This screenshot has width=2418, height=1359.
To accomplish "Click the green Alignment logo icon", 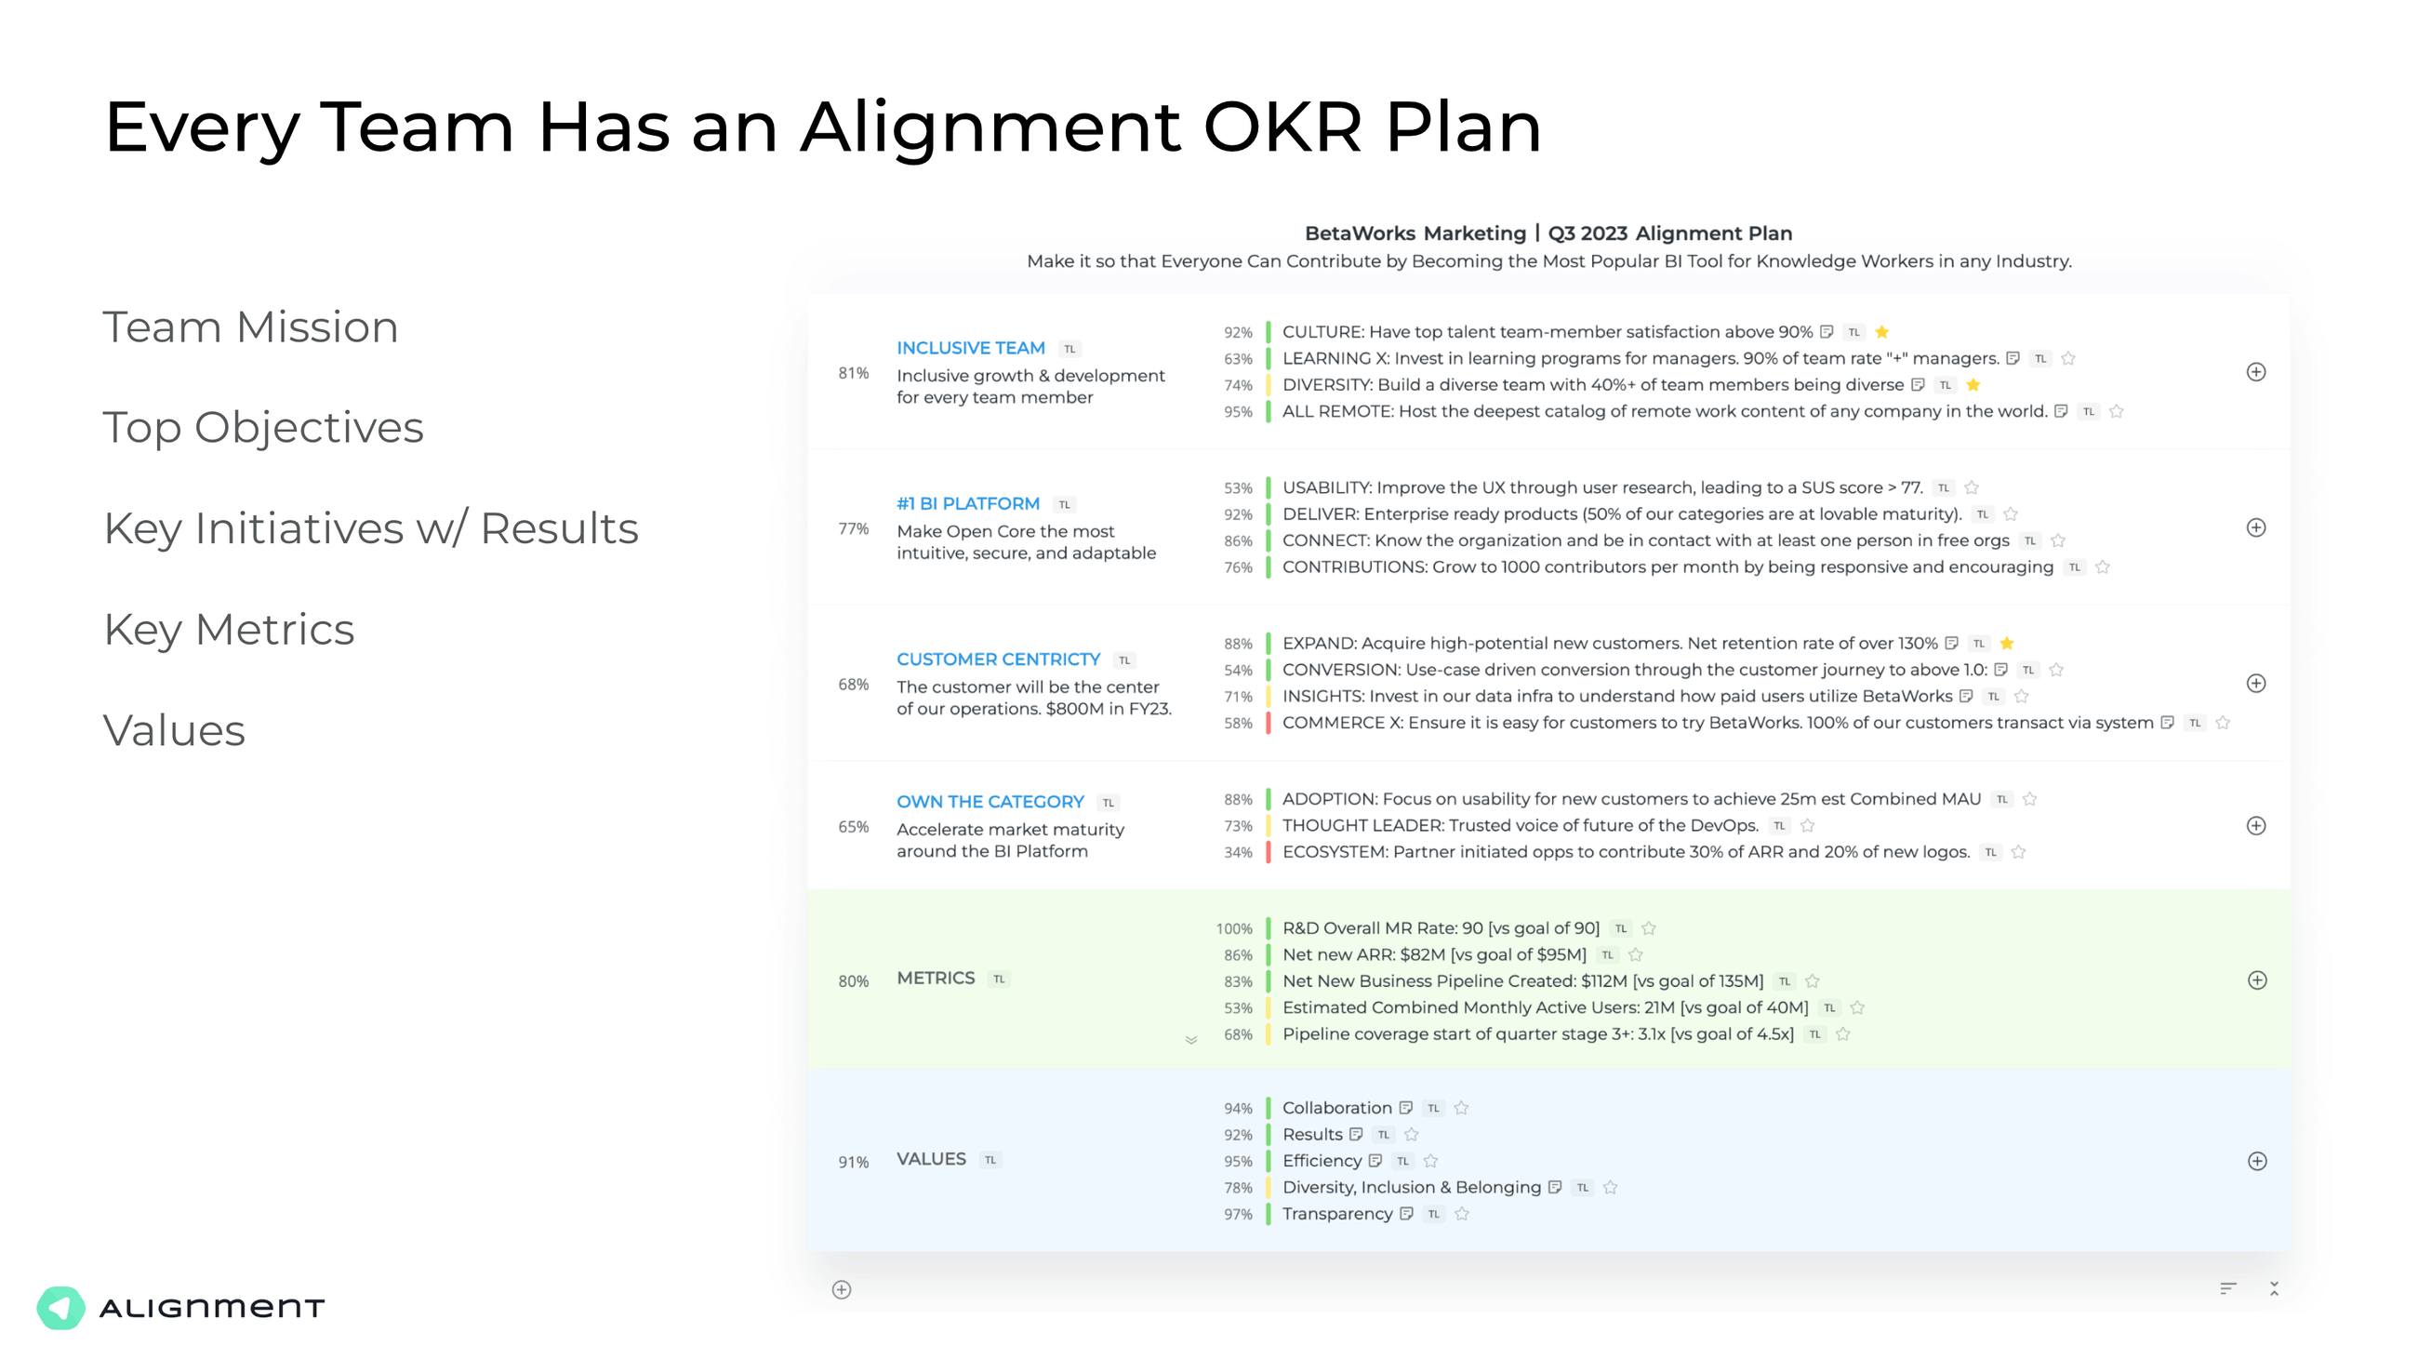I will click(61, 1308).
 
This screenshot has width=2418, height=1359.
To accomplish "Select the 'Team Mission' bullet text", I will click(250, 327).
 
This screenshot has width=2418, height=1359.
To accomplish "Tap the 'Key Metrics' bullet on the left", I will click(229, 630).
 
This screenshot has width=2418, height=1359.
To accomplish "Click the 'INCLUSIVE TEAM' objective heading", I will click(971, 348).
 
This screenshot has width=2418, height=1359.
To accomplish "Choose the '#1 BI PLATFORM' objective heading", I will click(968, 504).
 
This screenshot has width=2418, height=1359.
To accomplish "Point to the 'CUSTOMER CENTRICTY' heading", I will click(998, 660).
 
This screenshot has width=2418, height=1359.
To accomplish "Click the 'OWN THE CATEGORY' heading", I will click(990, 803).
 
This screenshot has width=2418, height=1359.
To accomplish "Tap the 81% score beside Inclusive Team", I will click(853, 374).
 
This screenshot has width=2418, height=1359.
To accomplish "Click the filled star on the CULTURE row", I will click(1881, 332).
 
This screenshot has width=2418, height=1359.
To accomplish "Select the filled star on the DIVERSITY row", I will click(1973, 385).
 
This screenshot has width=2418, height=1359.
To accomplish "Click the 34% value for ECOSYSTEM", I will click(1238, 853).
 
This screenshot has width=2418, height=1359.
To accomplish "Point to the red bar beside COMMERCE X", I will click(1269, 724).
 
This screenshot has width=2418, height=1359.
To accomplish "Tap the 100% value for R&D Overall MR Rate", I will click(1234, 929).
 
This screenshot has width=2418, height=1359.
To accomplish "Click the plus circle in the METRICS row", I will click(2257, 980).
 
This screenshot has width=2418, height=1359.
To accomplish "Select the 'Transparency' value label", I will click(1336, 1215).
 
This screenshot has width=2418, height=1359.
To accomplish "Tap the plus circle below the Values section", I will click(842, 1290).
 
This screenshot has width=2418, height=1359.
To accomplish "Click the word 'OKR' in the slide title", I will click(1282, 127).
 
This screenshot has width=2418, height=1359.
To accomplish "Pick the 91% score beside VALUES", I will click(853, 1163).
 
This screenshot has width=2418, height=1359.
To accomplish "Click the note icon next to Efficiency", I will click(1375, 1161).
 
